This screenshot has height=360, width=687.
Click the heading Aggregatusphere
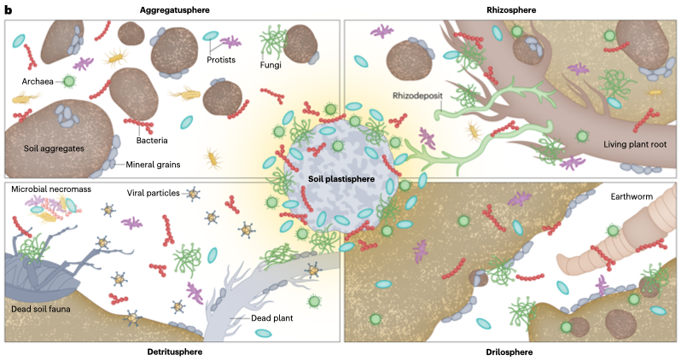(174, 9)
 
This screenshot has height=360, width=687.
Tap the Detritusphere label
(174, 351)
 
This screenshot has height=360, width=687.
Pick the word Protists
(220, 60)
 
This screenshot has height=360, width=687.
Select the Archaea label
(39, 82)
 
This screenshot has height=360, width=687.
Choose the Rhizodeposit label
(422, 96)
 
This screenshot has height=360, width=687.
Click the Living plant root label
(620, 144)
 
